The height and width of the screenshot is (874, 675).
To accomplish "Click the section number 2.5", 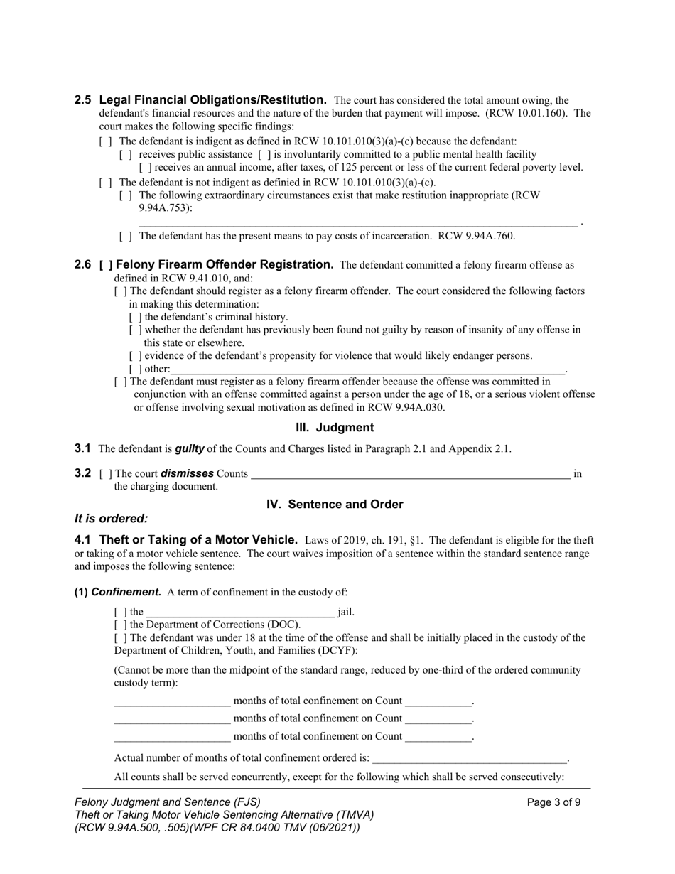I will (82, 100).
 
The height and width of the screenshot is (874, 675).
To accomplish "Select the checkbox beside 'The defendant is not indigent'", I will (105, 183).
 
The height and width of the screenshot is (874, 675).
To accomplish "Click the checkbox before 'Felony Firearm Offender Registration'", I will (106, 265).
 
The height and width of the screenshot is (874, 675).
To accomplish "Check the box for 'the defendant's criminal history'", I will (135, 318).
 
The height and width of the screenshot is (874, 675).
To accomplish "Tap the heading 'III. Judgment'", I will (334, 428).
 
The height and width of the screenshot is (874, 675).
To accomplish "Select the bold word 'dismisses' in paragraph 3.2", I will (188, 474).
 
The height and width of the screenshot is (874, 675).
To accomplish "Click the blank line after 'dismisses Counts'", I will (410, 474).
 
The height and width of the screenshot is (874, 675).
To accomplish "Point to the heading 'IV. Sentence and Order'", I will (335, 505).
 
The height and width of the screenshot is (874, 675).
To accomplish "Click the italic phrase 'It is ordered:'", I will (112, 519).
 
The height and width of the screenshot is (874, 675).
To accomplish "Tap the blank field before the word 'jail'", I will (240, 612).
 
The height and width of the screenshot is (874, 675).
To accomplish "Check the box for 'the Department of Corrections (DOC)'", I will (120, 625).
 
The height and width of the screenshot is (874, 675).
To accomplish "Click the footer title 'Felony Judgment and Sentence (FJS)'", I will (168, 802).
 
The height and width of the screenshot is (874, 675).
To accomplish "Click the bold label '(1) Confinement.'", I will (118, 592).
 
